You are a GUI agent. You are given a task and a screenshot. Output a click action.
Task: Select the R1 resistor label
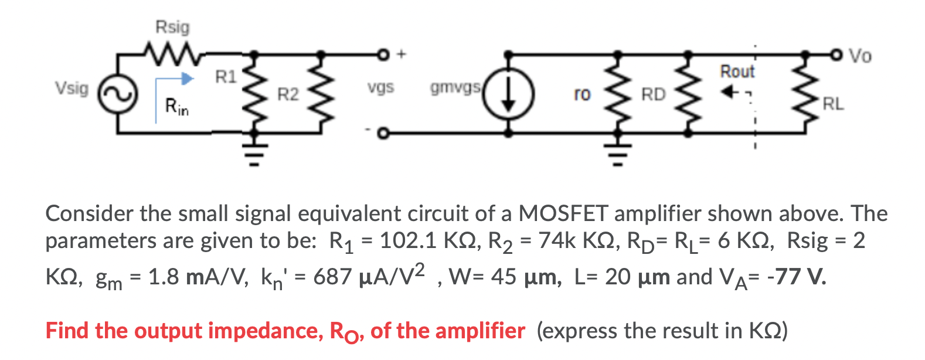coord(226,77)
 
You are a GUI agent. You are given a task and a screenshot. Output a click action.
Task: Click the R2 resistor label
coord(288,94)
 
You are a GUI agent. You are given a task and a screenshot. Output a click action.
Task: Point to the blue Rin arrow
coord(176,79)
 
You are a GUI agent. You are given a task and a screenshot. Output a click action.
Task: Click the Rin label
coord(176,107)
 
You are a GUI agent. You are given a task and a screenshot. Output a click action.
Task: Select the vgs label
coord(380,88)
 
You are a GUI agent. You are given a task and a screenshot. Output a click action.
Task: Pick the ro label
coord(582,94)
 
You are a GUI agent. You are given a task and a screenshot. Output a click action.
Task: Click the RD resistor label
coord(654,94)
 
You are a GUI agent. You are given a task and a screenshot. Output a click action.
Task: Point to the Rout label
coord(737,72)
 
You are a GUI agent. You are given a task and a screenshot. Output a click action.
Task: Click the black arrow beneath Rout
coord(729,93)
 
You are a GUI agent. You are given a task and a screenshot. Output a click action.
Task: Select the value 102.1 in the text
coord(407,240)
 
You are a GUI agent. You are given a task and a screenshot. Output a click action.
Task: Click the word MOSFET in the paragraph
coord(563,213)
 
